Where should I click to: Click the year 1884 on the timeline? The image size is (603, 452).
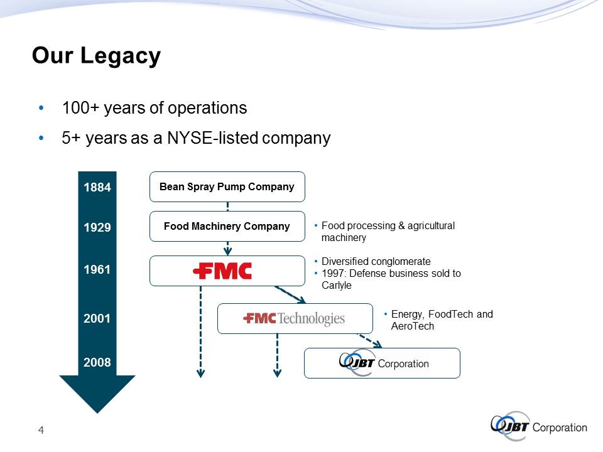click(97, 187)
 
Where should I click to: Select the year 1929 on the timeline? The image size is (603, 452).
click(97, 227)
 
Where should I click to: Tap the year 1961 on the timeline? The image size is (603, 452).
click(97, 269)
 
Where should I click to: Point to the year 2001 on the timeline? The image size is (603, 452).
click(97, 318)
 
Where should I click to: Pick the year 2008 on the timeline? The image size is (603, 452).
click(97, 362)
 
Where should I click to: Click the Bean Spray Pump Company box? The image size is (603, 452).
click(227, 187)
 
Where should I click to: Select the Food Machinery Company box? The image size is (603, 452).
click(227, 227)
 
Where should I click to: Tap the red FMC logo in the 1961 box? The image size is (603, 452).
click(222, 271)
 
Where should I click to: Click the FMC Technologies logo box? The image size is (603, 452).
click(295, 319)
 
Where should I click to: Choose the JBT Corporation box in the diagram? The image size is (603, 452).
click(382, 363)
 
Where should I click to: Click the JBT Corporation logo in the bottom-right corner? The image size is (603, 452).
click(539, 426)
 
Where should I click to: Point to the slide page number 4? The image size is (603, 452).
click(41, 430)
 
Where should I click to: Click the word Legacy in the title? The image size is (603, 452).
click(121, 56)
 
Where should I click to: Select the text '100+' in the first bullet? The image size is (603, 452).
click(80, 108)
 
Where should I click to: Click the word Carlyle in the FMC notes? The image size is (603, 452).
click(337, 286)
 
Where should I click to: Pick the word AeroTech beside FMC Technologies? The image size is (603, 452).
click(413, 326)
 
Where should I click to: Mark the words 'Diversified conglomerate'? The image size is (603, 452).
click(376, 261)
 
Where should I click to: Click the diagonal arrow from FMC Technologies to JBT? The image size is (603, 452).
click(370, 341)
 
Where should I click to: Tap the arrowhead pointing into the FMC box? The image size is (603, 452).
click(227, 252)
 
